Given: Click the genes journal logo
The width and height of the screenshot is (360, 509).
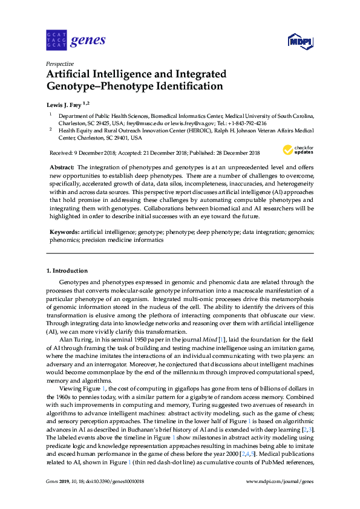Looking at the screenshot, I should [x=76, y=41].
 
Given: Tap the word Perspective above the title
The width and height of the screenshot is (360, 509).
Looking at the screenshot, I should [x=60, y=63].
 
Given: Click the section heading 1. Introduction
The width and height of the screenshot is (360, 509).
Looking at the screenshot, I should [x=68, y=270].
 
